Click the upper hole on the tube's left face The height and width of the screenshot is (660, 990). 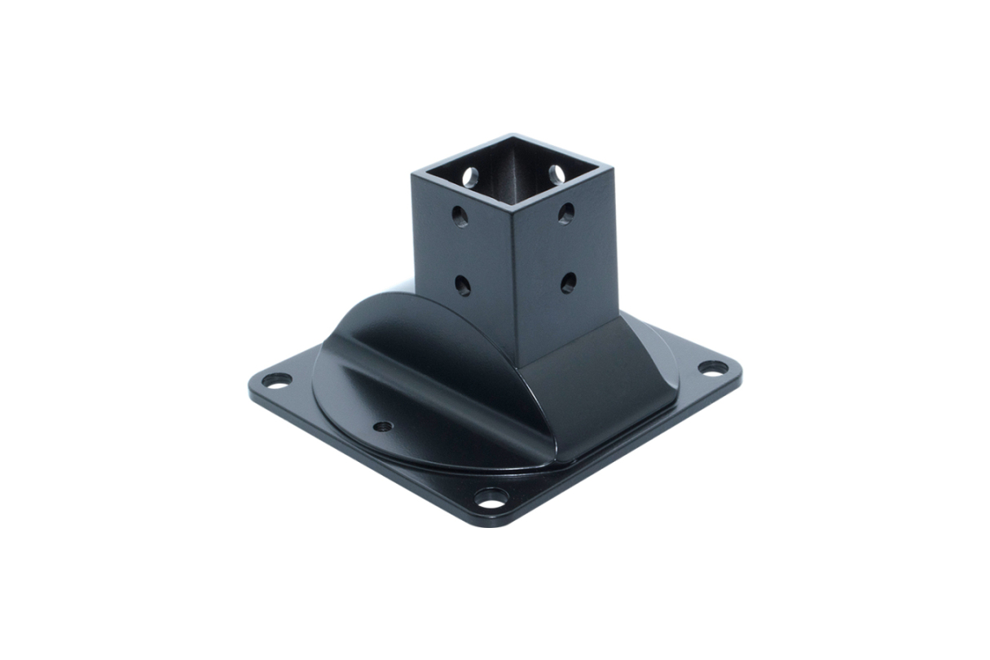point(460,216)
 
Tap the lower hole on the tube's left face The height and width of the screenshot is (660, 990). point(463,284)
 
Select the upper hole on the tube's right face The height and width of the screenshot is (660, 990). point(565,213)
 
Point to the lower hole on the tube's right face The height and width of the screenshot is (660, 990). point(568,282)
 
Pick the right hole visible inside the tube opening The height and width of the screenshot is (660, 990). point(557,174)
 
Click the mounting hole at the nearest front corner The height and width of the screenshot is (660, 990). point(491,497)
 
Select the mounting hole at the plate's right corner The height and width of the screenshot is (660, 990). point(712,367)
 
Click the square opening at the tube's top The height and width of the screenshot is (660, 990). point(513,167)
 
